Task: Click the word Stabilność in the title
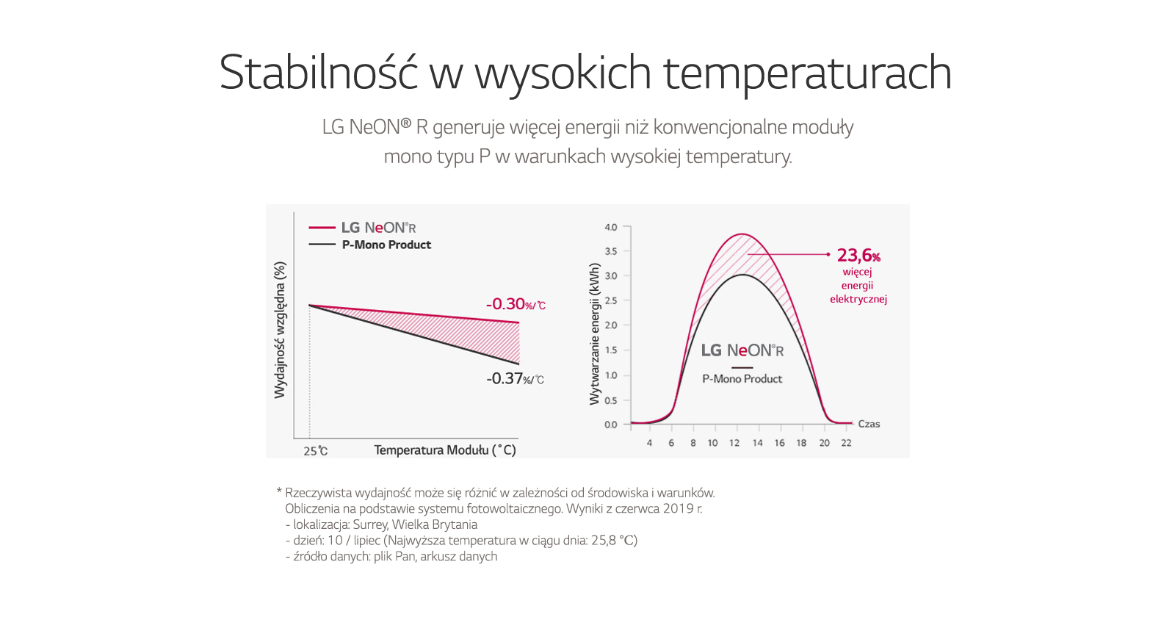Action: pos(318,73)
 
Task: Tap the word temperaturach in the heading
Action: pos(807,73)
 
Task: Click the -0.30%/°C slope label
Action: pos(515,304)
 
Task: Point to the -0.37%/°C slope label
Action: pos(515,379)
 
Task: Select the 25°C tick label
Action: pos(315,451)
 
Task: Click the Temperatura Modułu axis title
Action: pos(445,450)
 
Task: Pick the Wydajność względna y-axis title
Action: pos(280,331)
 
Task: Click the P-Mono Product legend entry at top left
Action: pos(386,245)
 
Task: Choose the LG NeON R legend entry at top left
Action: pos(378,228)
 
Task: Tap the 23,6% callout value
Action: pos(858,256)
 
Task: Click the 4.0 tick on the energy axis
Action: pos(611,228)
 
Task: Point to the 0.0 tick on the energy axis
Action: pos(611,425)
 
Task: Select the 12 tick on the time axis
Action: pos(734,443)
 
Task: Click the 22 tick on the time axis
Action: pos(846,443)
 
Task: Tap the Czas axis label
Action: pos(869,424)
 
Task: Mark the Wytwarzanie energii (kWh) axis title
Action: pos(595,334)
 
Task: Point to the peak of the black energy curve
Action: pos(742,275)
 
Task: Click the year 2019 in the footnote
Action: pos(679,508)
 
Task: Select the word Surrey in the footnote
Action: pos(369,524)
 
